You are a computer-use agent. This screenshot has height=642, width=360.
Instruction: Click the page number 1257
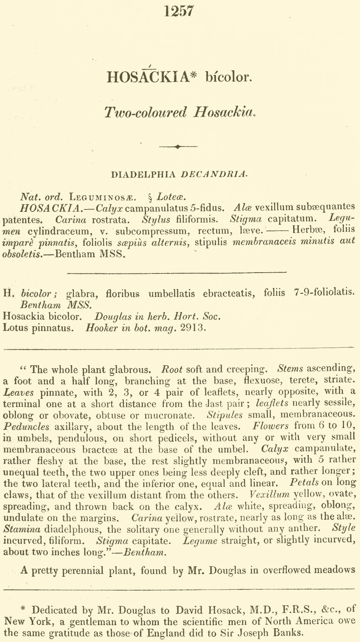179,10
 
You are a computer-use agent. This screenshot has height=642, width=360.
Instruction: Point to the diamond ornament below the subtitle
178,147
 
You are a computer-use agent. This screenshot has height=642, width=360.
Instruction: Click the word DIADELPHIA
143,174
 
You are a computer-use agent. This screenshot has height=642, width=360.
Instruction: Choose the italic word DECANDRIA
215,174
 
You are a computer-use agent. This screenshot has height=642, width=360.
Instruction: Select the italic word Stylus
156,219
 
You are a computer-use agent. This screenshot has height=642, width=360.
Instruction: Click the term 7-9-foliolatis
324,293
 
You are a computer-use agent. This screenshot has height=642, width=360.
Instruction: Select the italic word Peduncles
26,427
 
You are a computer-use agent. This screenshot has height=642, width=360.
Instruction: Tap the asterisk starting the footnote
23,609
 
